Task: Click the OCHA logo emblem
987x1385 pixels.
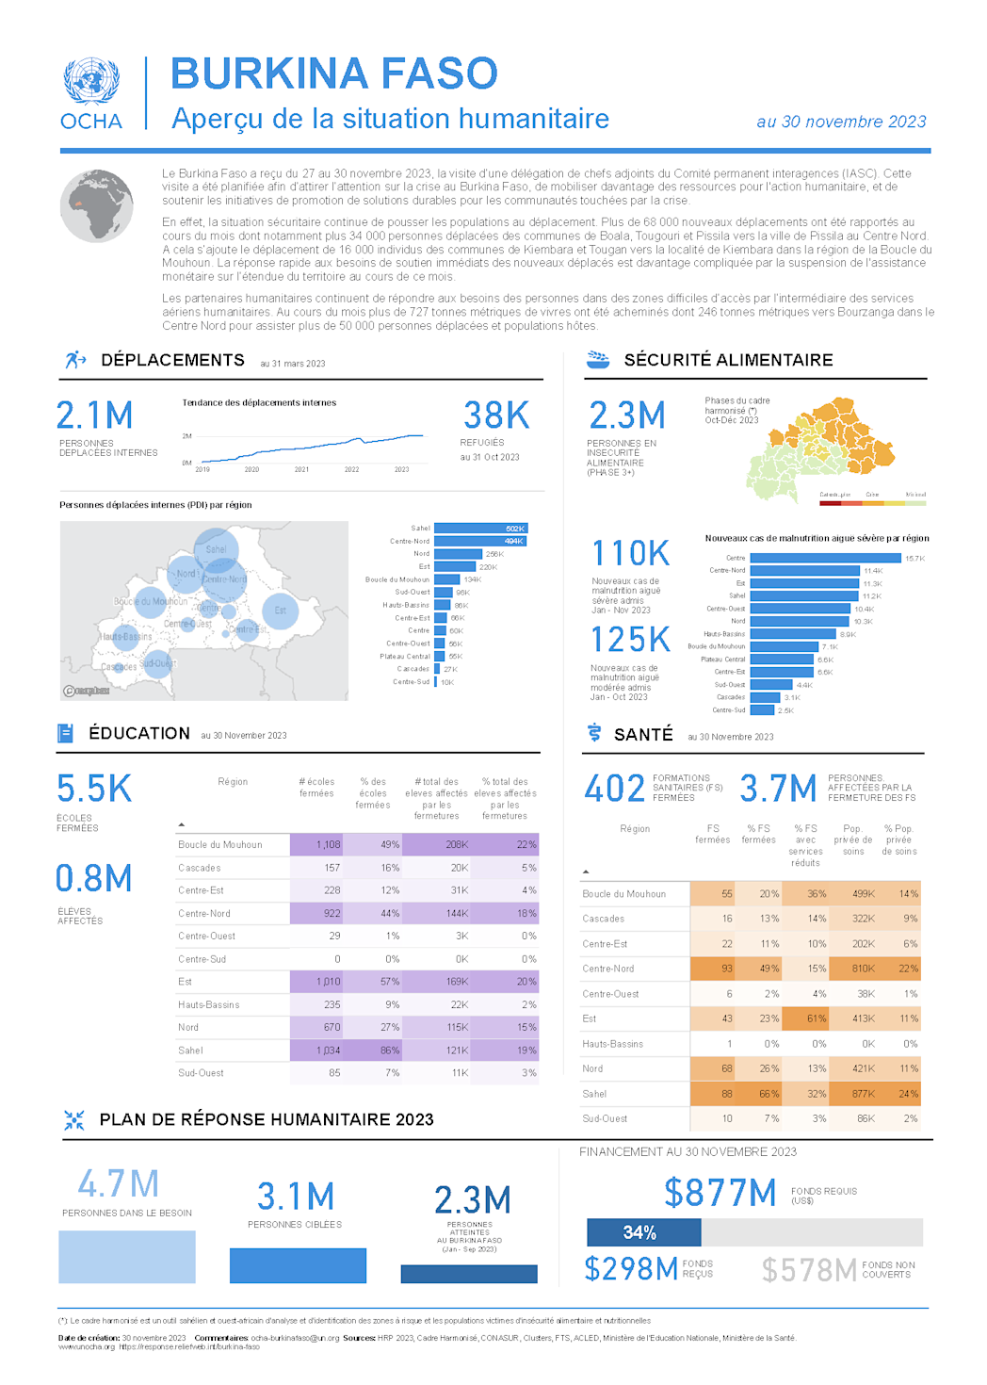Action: point(91,82)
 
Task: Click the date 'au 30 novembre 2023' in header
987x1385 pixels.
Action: point(840,122)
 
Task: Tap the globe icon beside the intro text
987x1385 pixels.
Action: point(97,205)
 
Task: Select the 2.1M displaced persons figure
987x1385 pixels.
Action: point(94,415)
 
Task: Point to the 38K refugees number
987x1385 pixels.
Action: point(496,415)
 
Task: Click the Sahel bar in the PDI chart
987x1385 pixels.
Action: point(480,529)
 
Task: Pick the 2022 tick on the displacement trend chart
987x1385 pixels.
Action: point(351,469)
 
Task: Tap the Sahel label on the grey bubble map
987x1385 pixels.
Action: point(216,549)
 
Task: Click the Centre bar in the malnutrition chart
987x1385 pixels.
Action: point(825,558)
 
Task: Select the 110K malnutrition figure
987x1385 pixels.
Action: point(630,554)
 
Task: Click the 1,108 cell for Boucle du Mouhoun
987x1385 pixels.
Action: point(328,845)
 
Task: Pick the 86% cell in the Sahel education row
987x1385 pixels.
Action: point(389,1051)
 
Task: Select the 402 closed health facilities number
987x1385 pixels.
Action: point(614,789)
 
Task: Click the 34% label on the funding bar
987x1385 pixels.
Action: point(639,1232)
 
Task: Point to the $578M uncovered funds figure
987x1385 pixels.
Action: point(809,1270)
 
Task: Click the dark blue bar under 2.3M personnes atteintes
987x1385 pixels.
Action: point(468,1274)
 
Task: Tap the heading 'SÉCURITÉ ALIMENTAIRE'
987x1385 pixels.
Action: point(728,360)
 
